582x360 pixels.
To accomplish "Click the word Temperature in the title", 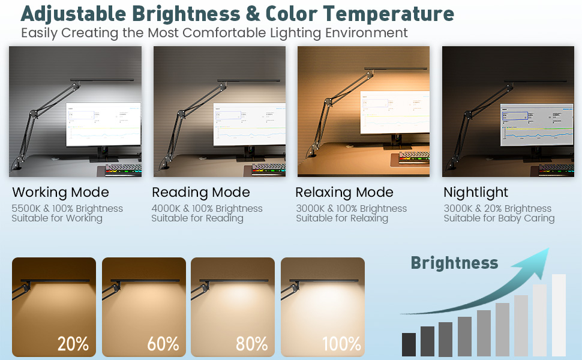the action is click(388, 14).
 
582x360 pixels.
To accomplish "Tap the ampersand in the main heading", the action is click(253, 14).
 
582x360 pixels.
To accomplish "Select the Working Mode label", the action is click(61, 192).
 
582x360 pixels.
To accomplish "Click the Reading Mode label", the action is click(201, 192).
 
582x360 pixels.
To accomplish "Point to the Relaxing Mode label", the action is click(344, 193).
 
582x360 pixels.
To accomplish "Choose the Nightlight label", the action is click(476, 193).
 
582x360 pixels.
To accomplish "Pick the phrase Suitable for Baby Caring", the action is click(499, 218).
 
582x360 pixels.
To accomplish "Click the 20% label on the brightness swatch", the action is click(73, 344).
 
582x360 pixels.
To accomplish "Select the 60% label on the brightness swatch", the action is click(163, 344).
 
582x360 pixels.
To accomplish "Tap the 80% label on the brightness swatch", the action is click(251, 344).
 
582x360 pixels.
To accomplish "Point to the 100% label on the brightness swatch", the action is click(341, 344).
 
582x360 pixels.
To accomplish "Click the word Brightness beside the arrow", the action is click(454, 263).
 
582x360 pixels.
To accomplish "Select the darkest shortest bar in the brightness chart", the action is click(409, 344).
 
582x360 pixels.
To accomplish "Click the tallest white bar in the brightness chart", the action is click(559, 315).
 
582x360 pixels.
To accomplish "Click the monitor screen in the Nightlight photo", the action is click(537, 124).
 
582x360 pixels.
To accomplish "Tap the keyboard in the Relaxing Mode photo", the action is click(414, 158).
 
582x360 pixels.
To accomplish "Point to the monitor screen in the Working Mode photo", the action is click(104, 124).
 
